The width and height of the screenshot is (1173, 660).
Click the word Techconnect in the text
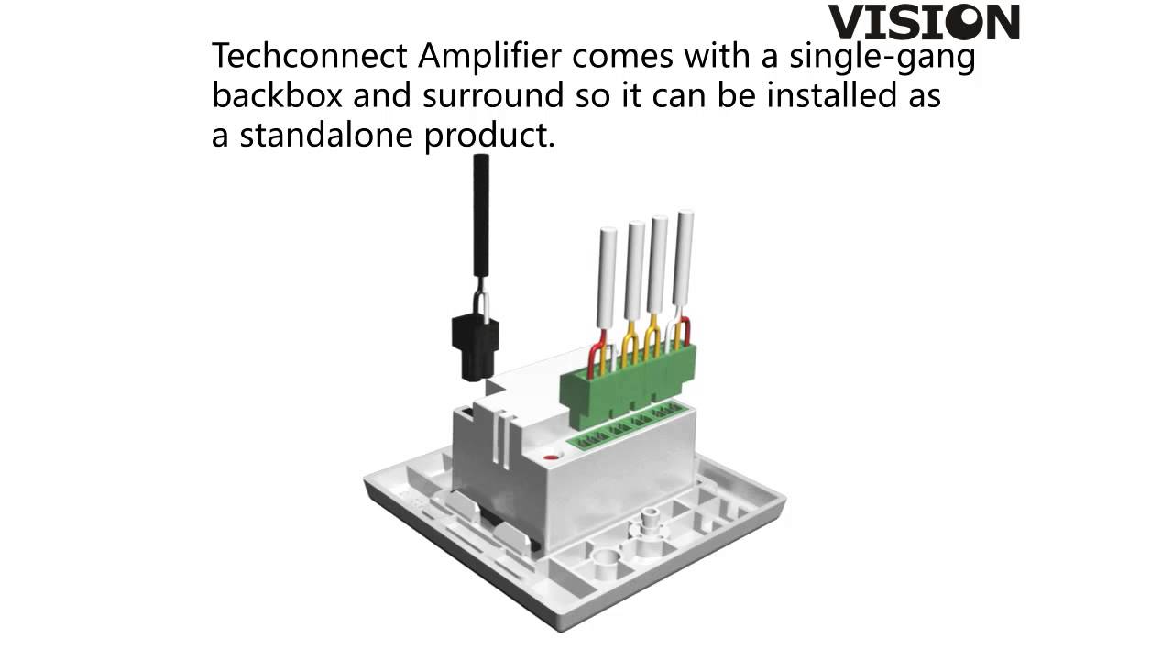[310, 56]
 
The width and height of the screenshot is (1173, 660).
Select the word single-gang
[882, 57]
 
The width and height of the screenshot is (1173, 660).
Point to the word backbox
[277, 94]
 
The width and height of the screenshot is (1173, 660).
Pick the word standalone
[326, 135]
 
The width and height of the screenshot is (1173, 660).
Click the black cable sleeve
[481, 215]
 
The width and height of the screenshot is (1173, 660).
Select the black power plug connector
[475, 346]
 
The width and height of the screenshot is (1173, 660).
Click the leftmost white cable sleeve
[607, 278]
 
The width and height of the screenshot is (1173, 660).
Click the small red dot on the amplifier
[551, 457]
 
